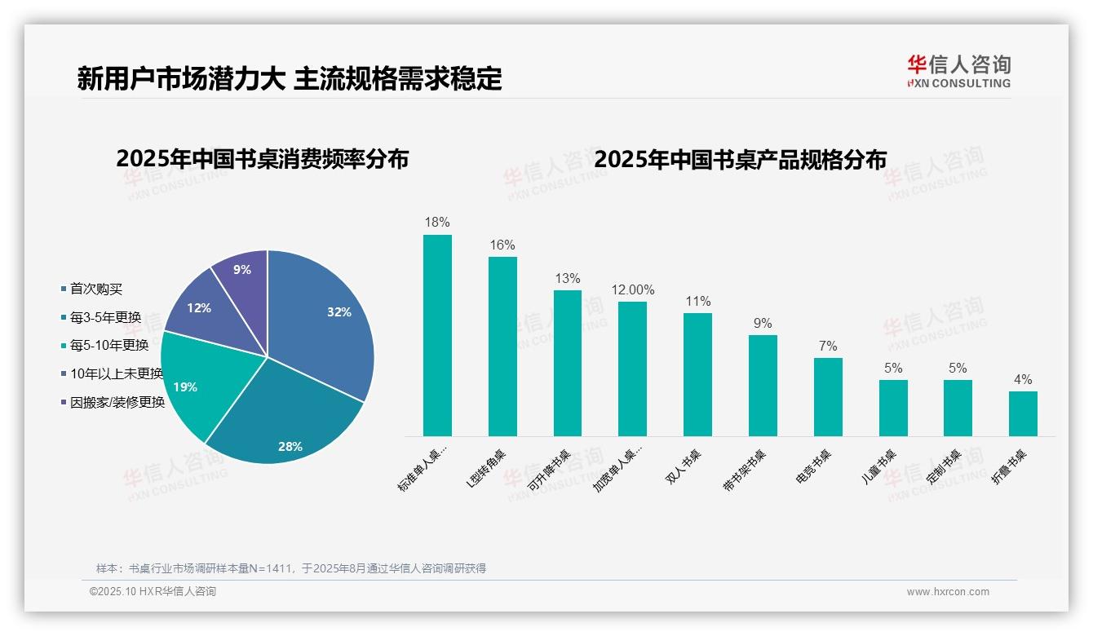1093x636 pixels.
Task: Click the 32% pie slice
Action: (x=326, y=326)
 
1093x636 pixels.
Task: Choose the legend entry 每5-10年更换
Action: (x=108, y=346)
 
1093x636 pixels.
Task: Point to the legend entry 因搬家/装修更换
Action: (x=117, y=402)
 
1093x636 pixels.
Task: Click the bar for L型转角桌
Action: (x=502, y=347)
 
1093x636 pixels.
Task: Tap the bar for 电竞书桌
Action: (x=828, y=397)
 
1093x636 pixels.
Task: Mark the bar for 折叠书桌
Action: (x=1023, y=413)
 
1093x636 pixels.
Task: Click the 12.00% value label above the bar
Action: (x=633, y=289)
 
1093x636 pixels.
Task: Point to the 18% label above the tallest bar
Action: (x=437, y=222)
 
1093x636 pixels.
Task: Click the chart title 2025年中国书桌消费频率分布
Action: (x=262, y=158)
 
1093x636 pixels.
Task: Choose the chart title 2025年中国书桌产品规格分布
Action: (x=740, y=158)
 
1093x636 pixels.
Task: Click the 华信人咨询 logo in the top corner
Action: (x=958, y=70)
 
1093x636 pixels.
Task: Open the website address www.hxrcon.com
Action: (x=948, y=592)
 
